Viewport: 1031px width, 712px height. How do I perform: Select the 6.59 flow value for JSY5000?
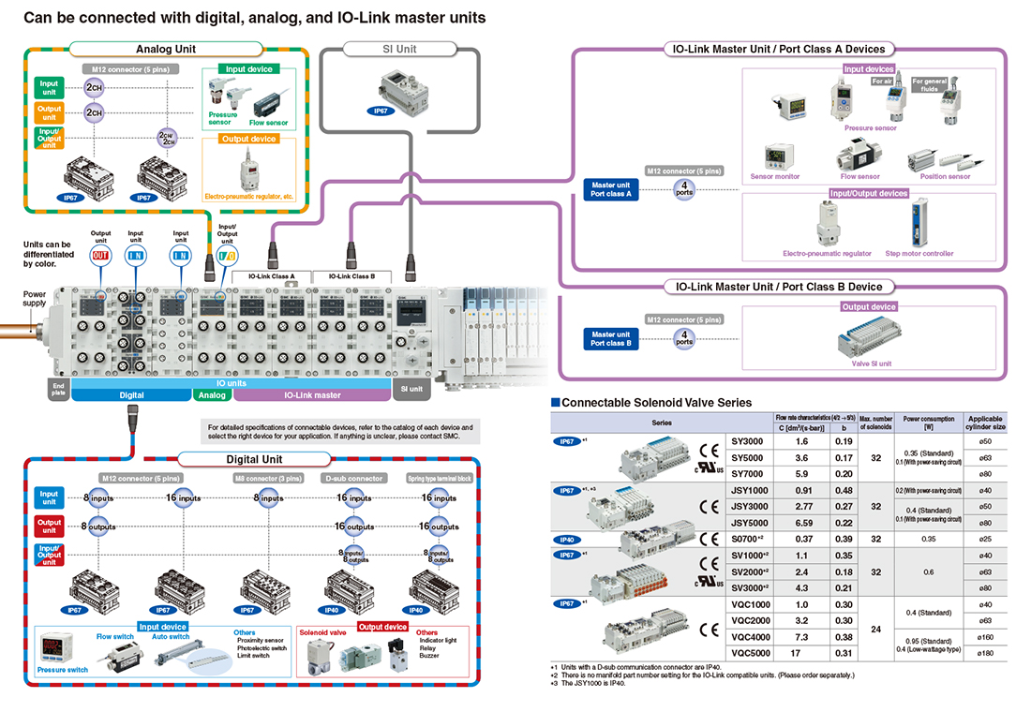coord(801,522)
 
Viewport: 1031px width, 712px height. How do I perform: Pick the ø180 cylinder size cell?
coord(984,652)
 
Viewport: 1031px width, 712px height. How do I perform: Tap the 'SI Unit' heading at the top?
coord(400,49)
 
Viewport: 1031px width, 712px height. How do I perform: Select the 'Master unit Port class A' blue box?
coord(611,189)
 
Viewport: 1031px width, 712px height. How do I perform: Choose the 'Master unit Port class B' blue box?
coord(611,338)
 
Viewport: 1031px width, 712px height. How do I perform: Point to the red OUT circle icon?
coord(100,254)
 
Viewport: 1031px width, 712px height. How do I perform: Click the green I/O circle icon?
coord(226,254)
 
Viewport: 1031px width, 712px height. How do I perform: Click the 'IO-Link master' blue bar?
coord(312,395)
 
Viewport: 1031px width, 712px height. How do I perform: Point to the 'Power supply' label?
coord(35,299)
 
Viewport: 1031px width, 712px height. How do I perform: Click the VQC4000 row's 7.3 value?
coord(801,636)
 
